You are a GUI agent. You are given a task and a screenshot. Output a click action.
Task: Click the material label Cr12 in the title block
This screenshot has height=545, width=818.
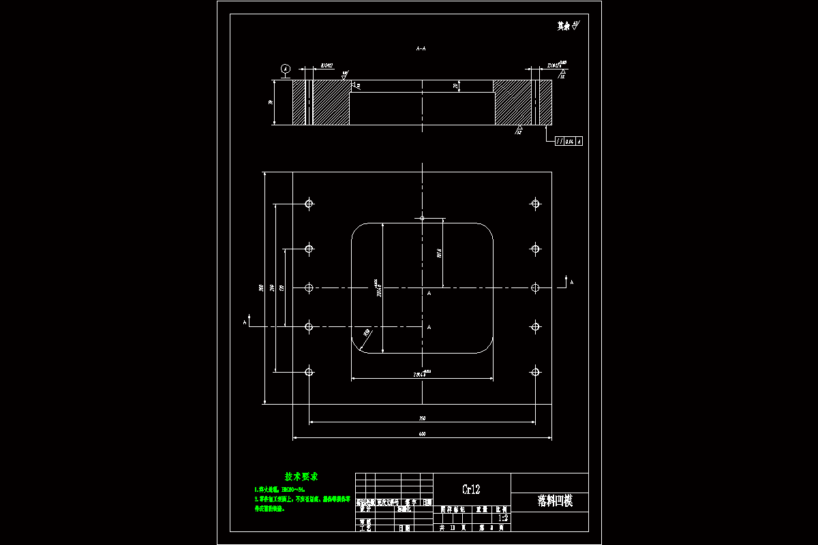coord(471,489)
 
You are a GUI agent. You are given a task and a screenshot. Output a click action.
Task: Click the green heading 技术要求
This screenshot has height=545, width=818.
coord(301,476)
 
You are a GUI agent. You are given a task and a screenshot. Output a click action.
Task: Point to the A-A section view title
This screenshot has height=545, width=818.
coord(421,49)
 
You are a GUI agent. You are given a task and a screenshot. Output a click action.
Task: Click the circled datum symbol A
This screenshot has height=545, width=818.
coord(286,69)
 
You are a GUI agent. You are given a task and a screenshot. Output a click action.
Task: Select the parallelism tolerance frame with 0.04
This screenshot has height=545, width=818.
coord(569,141)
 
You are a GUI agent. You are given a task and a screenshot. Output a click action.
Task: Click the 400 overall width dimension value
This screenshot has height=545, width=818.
coord(422,434)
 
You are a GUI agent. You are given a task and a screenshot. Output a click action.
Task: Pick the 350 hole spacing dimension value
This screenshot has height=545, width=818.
coord(422,418)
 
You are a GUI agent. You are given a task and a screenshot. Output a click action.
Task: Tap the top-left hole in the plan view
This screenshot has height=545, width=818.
coord(309,203)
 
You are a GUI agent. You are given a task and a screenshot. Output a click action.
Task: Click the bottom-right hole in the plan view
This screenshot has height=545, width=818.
coord(535,371)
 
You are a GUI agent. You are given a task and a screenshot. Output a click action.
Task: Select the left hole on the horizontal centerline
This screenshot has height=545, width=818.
coord(309,288)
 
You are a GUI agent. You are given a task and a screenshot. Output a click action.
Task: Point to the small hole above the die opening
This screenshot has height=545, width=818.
coord(422,218)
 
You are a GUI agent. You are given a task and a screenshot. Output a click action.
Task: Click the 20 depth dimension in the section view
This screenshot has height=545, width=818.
coord(455,86)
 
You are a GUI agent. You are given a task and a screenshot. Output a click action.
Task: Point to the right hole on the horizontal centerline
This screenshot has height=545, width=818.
coord(535,288)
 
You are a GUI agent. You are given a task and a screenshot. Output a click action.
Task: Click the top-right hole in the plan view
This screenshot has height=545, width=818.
coord(535,203)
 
